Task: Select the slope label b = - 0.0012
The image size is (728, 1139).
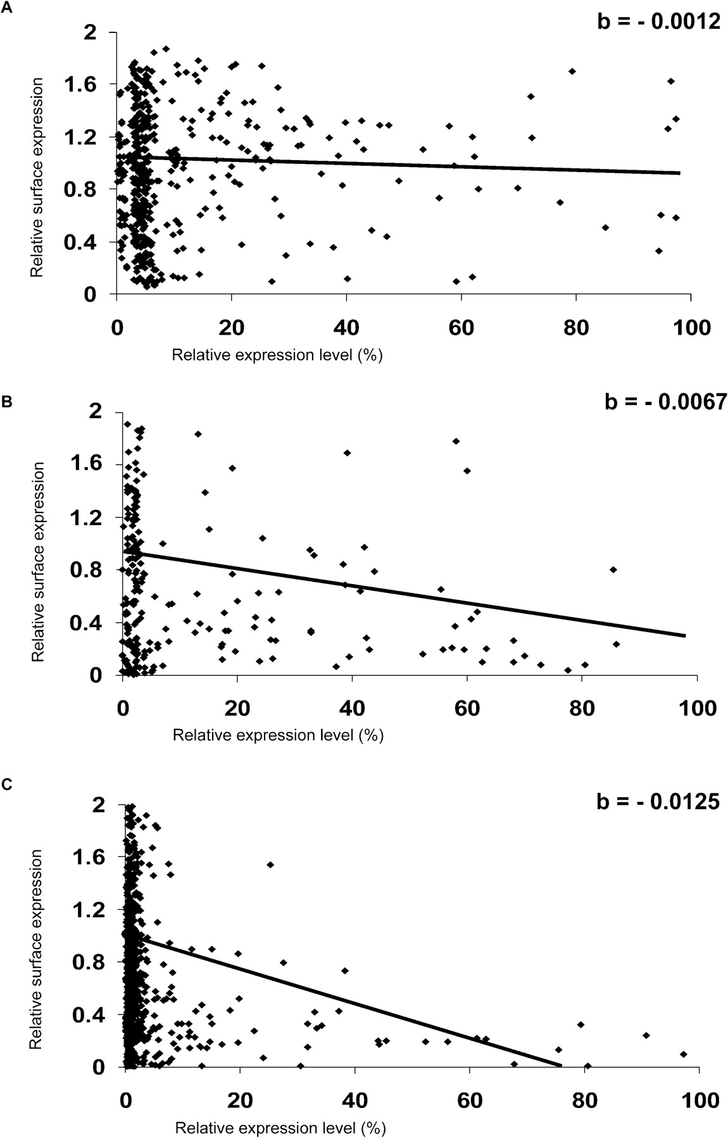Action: (x=659, y=22)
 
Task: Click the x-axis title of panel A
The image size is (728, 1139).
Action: (x=277, y=355)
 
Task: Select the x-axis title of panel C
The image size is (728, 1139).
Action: (x=280, y=1127)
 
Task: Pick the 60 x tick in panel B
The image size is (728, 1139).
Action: (x=467, y=707)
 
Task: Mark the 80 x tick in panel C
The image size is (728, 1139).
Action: (x=584, y=1100)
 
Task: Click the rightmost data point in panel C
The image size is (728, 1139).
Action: (x=683, y=1054)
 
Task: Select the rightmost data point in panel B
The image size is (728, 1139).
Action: (x=616, y=644)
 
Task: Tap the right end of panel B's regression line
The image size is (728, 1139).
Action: (x=685, y=635)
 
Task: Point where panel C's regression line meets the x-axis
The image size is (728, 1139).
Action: (x=560, y=1066)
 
